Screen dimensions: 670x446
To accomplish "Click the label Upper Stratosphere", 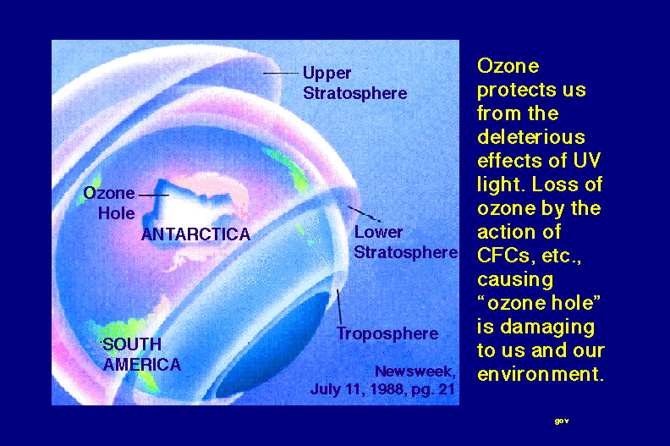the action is (354, 83).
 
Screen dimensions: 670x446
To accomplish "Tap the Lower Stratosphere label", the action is (405, 242).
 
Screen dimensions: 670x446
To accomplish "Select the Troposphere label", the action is (387, 333).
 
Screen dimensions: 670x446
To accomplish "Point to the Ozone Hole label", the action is (109, 203).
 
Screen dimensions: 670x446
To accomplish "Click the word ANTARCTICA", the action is (195, 234).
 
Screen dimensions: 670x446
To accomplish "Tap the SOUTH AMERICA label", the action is (141, 355).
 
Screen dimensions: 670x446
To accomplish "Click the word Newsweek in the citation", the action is (415, 372).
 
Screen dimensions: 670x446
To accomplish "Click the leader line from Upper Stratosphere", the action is (280, 73).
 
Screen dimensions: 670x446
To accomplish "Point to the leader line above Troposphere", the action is (339, 306).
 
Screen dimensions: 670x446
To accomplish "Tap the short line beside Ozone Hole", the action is (154, 195).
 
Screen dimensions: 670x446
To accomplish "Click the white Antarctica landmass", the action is (188, 206).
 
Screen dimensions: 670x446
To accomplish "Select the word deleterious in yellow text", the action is (531, 137).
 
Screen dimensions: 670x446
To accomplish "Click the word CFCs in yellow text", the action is (503, 256).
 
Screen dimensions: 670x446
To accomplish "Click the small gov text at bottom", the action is (562, 421).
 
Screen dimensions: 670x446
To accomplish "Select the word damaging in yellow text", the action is (547, 328).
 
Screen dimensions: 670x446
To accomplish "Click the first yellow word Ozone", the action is (508, 66).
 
